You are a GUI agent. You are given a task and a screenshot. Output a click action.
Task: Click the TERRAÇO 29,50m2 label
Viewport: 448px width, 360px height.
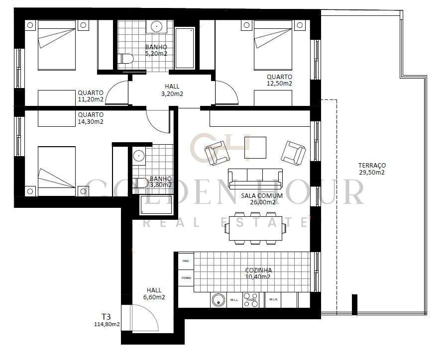(x=371, y=169)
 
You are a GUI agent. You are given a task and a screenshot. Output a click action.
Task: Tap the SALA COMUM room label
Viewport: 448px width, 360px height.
(x=262, y=199)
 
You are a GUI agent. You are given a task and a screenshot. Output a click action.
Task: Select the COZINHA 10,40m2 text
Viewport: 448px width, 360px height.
(x=258, y=273)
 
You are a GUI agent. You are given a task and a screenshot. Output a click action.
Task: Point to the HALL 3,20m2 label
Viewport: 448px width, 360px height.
(x=171, y=90)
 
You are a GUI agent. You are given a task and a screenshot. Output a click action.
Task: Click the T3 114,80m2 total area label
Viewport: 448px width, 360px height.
(x=104, y=320)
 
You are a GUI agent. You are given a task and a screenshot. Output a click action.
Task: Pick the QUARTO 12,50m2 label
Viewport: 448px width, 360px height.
(x=279, y=80)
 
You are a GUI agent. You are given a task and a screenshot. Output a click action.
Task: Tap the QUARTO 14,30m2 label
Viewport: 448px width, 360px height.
(x=91, y=118)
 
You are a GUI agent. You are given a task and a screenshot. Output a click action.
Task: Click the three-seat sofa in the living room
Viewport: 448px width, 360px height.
(x=255, y=178)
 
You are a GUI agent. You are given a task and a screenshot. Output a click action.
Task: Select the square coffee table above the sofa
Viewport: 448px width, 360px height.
(x=255, y=148)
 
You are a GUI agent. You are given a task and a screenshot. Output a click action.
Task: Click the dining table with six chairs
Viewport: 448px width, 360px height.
(x=255, y=228)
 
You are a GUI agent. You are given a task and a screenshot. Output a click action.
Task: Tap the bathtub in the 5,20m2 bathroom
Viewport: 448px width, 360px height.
(x=185, y=48)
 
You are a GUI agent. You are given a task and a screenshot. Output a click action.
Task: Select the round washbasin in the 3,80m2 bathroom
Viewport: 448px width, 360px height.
(x=138, y=156)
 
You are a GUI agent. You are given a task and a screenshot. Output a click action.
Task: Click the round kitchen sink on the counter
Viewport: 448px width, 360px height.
(x=218, y=300)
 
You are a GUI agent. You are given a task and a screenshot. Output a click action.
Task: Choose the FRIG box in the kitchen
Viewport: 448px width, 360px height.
(x=186, y=261)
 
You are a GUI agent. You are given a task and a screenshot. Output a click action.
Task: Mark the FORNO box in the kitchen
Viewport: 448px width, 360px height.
(x=186, y=278)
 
